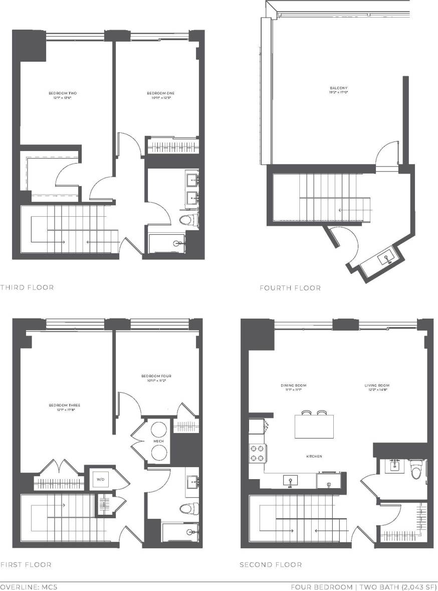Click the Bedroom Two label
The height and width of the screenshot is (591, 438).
pos(63,93)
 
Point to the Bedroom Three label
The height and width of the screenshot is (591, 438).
pos(65,405)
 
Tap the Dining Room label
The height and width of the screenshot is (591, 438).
pos(293,386)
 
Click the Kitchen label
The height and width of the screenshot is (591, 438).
pos(314,456)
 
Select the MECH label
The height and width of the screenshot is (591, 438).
pos(159,441)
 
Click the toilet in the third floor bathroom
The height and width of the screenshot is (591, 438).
pos(187,219)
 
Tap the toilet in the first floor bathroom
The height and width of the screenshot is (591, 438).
pos(186,509)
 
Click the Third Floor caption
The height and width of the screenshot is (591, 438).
pos(27,287)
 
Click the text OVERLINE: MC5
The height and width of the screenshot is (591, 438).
pos(29,586)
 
